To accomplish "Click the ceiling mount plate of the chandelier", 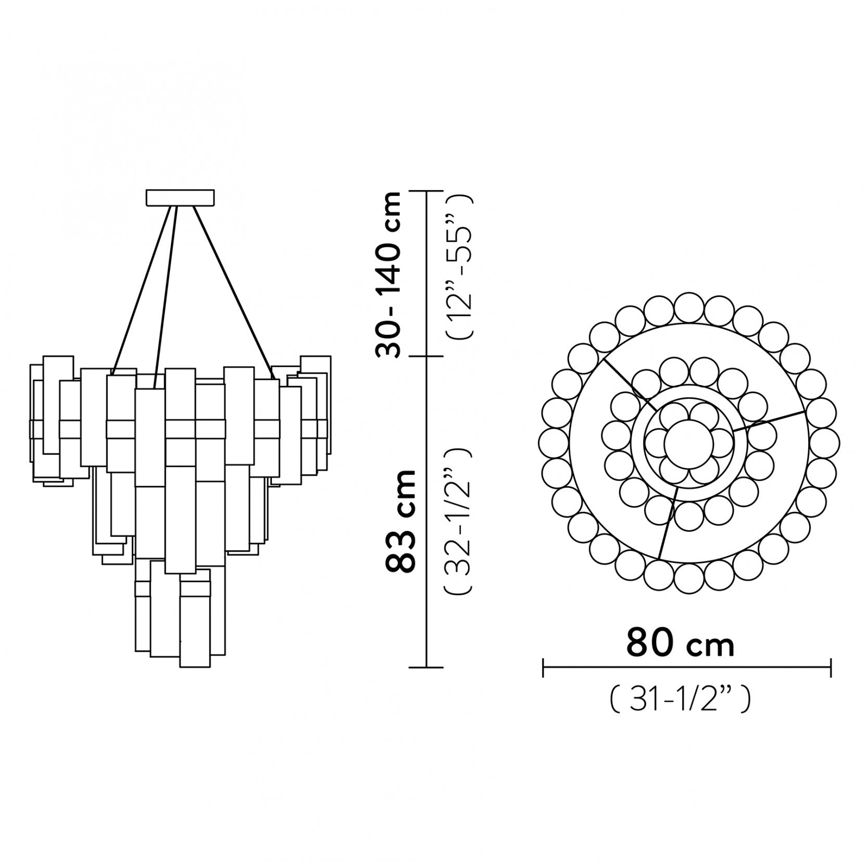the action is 180,198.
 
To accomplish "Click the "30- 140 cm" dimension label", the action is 390,274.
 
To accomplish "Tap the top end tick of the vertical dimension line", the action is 427,192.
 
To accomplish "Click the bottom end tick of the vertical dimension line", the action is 427,667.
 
